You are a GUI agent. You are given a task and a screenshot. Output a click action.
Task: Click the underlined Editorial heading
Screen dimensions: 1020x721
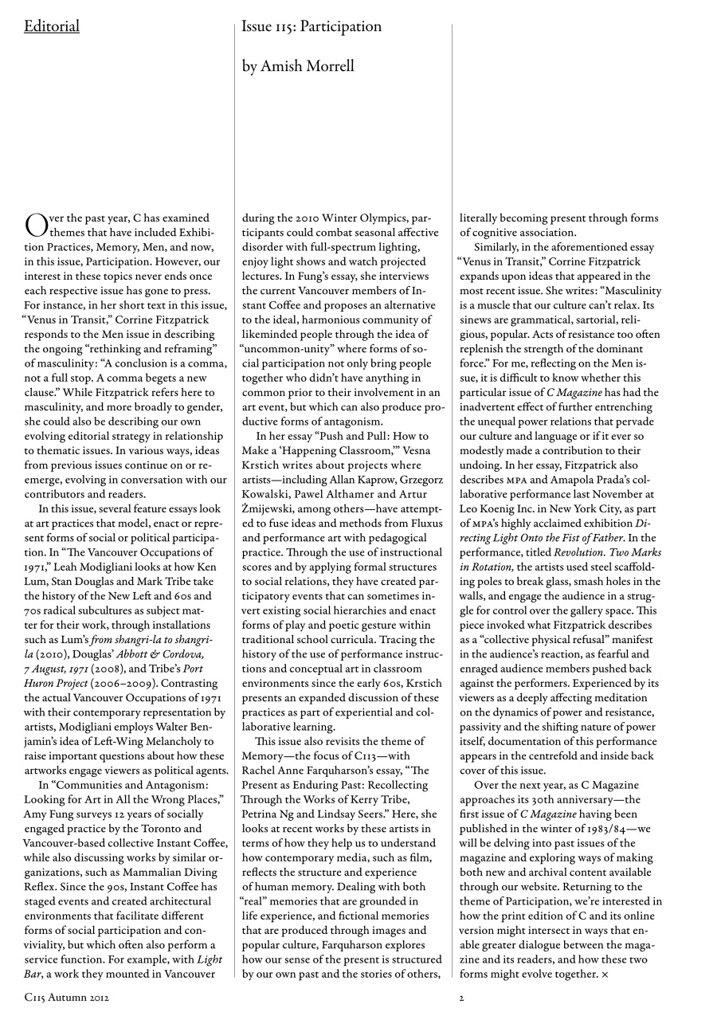[x=52, y=27]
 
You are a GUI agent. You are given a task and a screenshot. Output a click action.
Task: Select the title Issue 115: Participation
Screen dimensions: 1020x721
[x=312, y=27]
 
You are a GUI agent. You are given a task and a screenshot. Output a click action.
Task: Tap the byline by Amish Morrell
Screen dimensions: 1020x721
[x=298, y=66]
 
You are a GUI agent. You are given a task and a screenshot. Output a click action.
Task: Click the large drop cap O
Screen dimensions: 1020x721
[x=35, y=225]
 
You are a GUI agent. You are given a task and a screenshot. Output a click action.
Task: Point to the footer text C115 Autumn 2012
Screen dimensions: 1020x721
[x=66, y=997]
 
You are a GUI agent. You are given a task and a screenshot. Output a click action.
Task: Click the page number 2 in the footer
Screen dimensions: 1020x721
[x=461, y=997]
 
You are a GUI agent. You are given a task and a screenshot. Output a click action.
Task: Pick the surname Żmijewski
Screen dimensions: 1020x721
[x=270, y=508]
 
